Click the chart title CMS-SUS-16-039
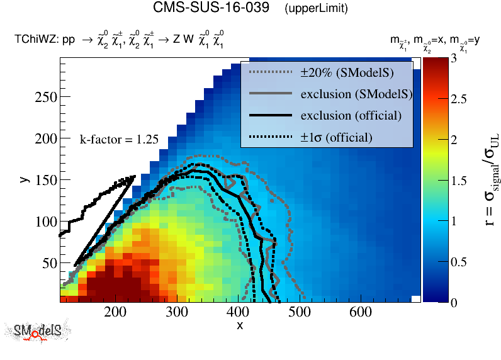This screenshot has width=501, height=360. tap(213, 8)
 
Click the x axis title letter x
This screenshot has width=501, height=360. tap(240, 325)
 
